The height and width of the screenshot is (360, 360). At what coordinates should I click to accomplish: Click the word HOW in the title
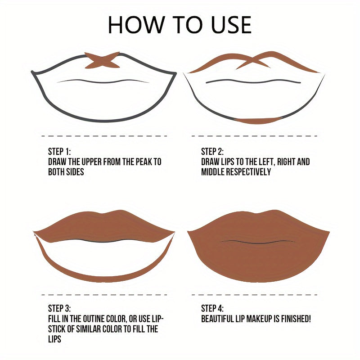tap(136, 25)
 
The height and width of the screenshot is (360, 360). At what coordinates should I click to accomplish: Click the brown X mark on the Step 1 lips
tap(103, 60)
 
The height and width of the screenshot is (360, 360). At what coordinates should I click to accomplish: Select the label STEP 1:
tap(59, 152)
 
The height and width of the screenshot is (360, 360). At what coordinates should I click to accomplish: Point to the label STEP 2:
tap(212, 152)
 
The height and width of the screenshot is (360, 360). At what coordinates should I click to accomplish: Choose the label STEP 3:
tap(59, 308)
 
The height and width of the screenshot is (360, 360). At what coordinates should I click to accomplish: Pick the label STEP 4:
tap(212, 308)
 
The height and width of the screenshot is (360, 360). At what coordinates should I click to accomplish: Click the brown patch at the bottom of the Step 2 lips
tap(259, 120)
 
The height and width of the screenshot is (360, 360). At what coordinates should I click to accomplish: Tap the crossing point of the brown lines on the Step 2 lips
tap(252, 60)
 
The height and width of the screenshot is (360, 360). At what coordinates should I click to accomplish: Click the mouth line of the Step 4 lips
tap(258, 242)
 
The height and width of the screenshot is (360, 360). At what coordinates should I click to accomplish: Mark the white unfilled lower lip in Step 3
tap(104, 257)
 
